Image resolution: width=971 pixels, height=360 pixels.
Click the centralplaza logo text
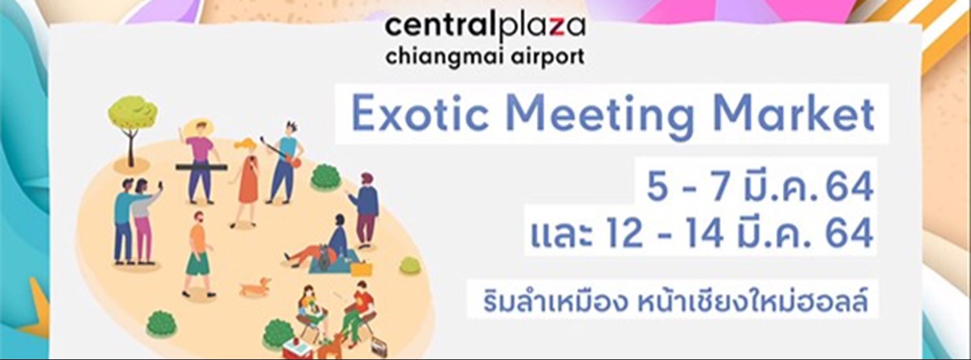click(485, 27)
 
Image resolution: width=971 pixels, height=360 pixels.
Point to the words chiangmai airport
click(485, 56)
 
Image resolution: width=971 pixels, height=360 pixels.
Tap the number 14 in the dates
click(722, 235)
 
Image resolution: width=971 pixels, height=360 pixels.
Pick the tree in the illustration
click(131, 120)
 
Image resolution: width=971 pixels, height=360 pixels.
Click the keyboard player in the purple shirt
click(200, 159)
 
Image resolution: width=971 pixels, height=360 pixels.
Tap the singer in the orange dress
click(247, 181)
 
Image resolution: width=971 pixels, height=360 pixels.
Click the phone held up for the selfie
click(160, 186)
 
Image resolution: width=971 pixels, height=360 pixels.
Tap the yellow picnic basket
click(361, 267)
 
